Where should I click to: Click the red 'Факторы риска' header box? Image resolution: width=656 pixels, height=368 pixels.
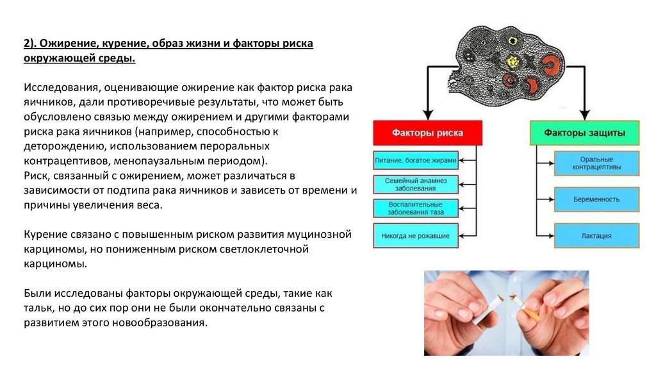427,133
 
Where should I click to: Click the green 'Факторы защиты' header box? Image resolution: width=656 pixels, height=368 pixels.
584,133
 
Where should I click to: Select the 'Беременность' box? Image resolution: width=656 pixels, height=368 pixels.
596,199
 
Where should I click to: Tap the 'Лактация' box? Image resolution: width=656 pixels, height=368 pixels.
596,236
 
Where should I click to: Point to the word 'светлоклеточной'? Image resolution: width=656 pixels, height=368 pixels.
256,249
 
